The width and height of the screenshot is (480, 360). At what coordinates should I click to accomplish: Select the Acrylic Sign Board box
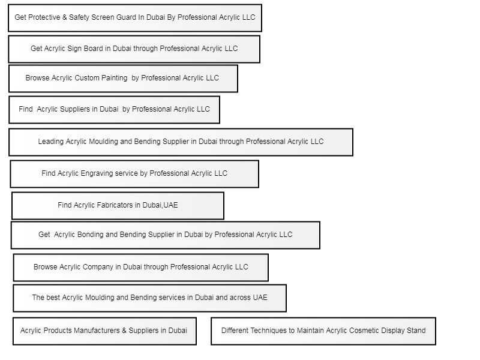[134, 49]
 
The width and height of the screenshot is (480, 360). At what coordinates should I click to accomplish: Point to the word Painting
[114, 78]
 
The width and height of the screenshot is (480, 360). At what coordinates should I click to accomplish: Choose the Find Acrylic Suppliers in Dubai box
[114, 110]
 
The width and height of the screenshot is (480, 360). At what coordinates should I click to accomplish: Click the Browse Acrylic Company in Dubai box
[141, 268]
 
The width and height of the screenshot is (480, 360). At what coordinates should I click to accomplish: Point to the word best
[53, 298]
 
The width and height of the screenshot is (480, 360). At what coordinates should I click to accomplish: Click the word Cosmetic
[362, 331]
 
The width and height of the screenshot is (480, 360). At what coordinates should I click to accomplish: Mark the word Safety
[79, 17]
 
